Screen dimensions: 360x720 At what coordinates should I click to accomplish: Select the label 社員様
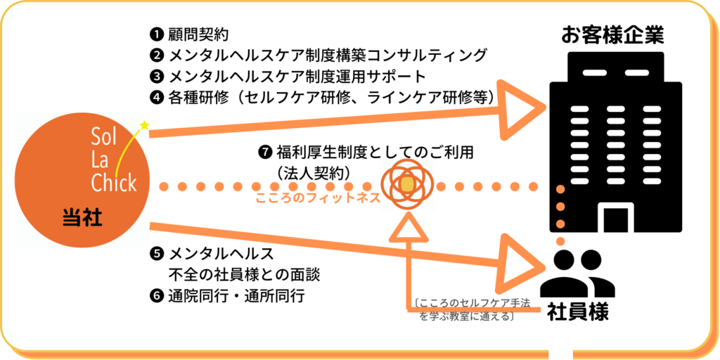[578, 311]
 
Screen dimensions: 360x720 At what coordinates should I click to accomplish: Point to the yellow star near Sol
[145, 125]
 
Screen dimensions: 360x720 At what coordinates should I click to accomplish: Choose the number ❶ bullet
[156, 34]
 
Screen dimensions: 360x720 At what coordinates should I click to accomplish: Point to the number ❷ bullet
[156, 55]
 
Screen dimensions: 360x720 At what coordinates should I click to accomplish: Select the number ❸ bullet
[156, 75]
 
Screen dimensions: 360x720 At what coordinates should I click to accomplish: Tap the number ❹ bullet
[156, 96]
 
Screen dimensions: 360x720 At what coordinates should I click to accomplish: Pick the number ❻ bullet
[156, 295]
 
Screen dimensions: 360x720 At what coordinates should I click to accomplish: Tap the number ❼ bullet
[264, 151]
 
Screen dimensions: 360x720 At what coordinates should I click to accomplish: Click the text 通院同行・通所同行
[236, 295]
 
